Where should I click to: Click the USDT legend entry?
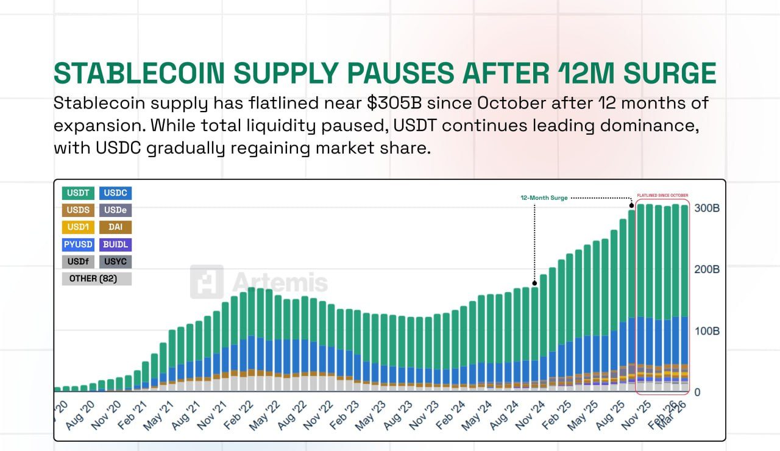tap(78, 193)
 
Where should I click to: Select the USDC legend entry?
tap(115, 193)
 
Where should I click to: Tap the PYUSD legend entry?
tap(78, 244)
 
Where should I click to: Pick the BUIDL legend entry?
tap(115, 244)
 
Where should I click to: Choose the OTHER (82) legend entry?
tap(96, 279)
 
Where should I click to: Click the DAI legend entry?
tap(115, 227)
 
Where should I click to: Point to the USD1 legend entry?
tap(78, 227)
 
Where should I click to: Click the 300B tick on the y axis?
tap(707, 208)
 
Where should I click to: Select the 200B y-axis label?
tap(707, 269)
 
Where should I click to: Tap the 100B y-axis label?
tap(707, 331)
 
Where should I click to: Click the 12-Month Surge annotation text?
tap(544, 198)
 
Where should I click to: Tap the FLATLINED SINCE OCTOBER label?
tap(663, 195)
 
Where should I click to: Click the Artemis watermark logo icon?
tap(207, 282)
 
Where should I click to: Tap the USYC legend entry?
tap(115, 261)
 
